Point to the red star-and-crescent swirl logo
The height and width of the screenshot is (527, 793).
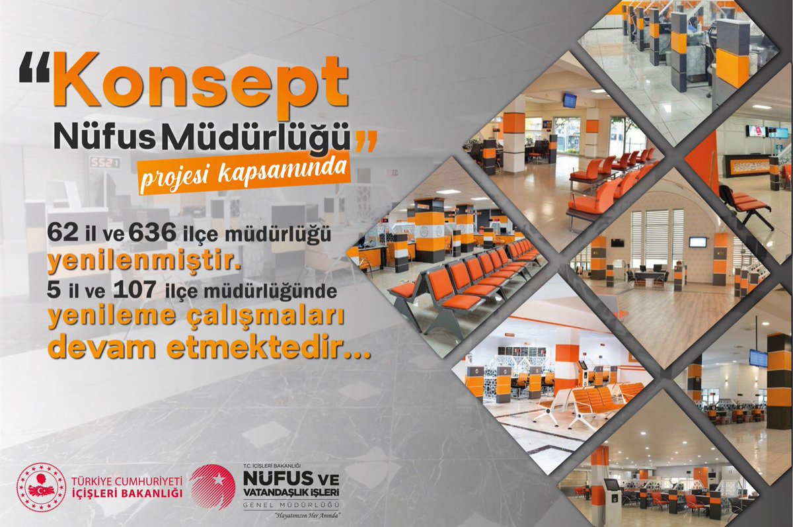pos(212,486)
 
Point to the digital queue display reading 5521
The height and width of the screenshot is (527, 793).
pos(104,163)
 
